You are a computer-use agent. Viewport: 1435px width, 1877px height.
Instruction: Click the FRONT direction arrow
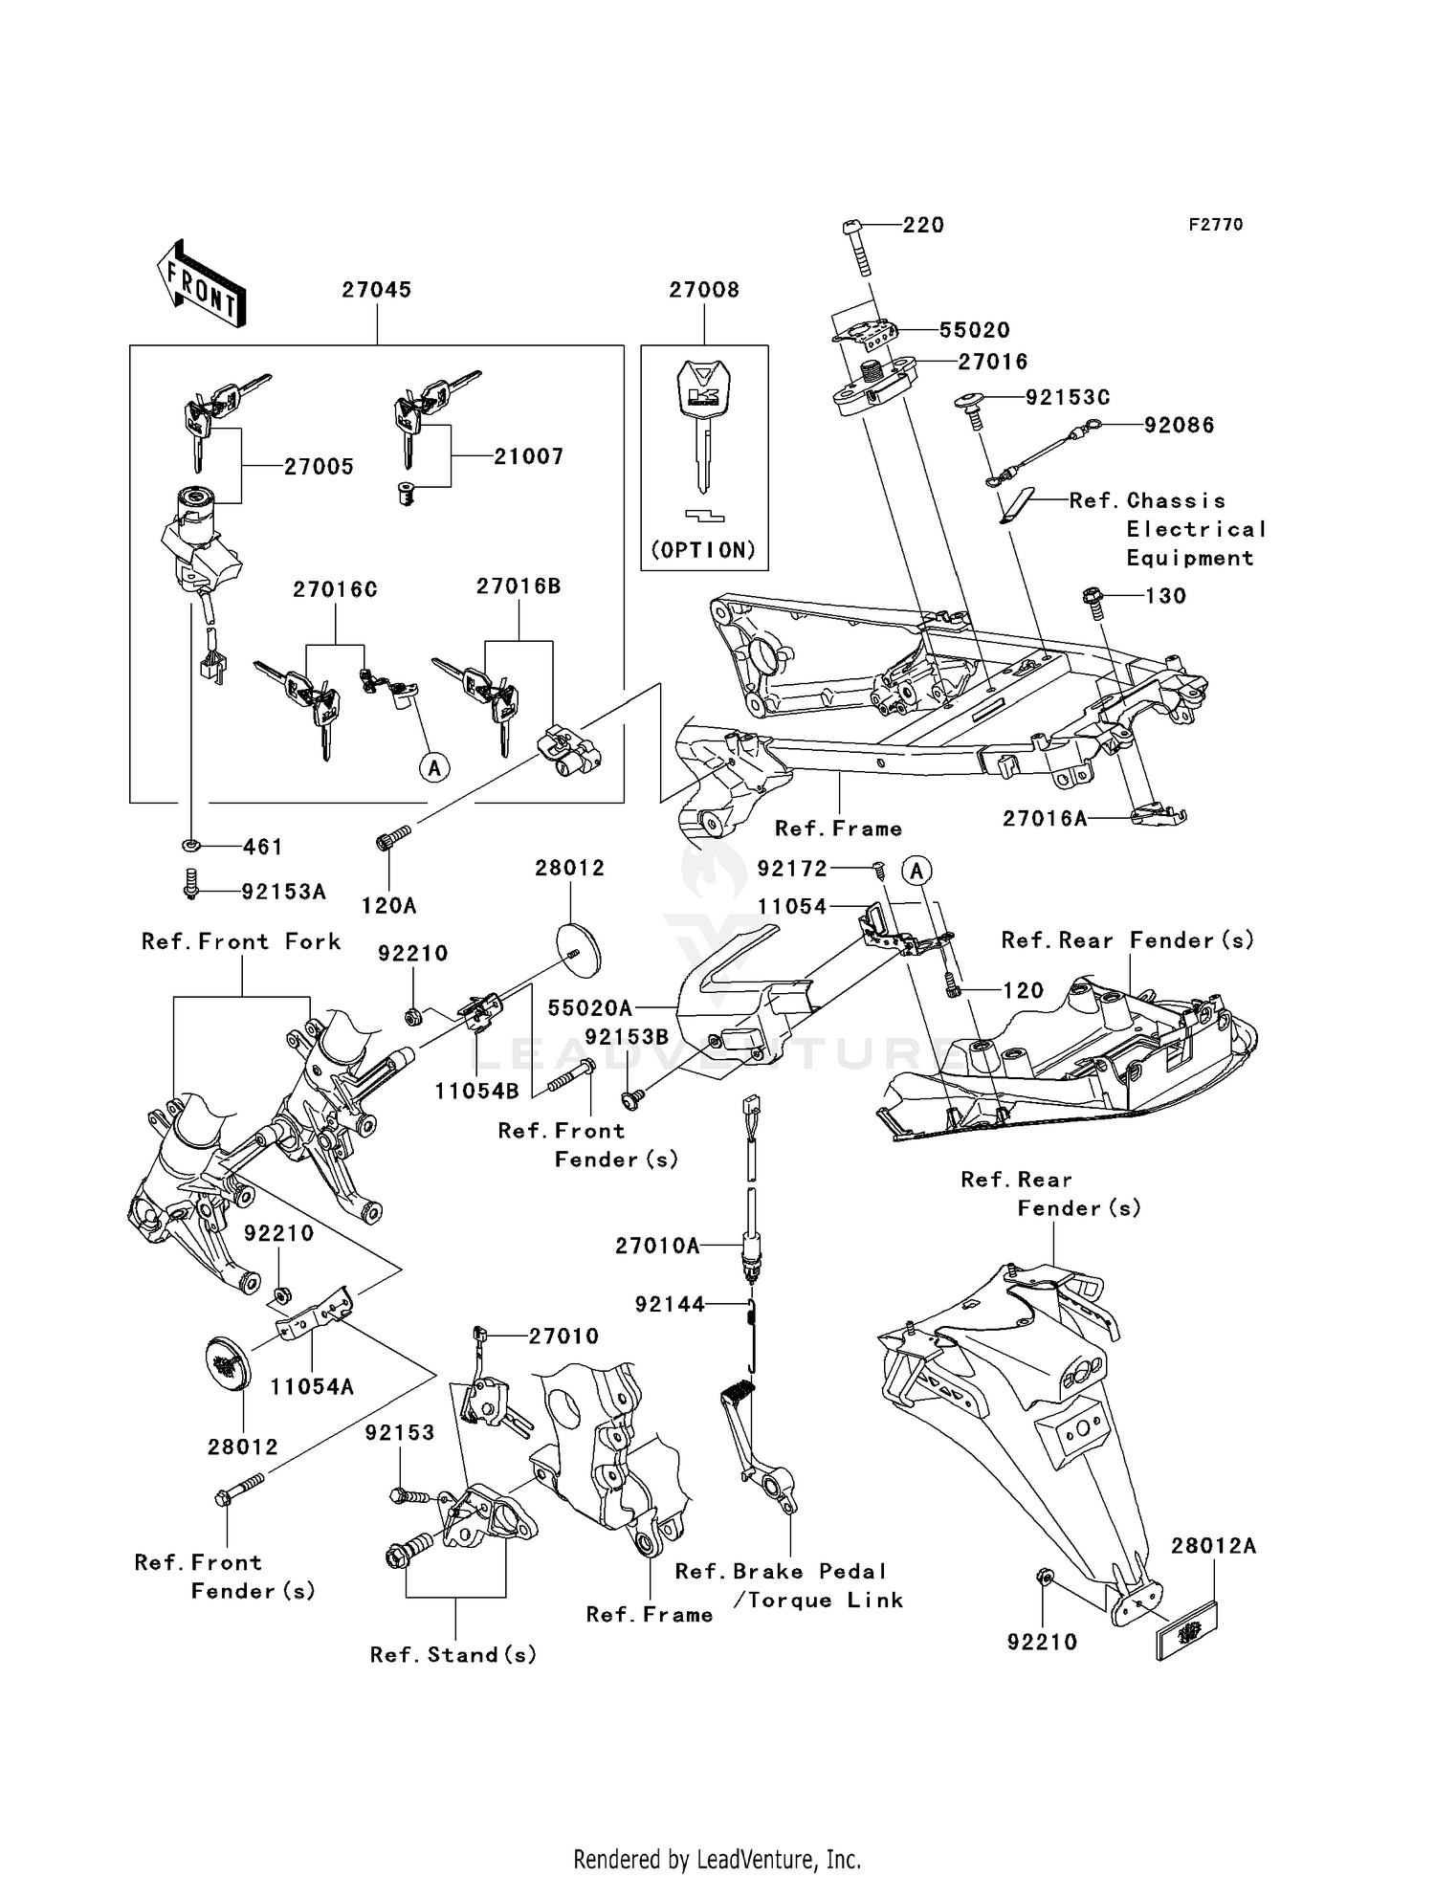pos(201,283)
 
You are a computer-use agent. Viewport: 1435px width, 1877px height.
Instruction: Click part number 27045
pos(377,290)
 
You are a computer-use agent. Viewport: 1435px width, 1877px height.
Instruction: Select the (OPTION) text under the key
pos(704,550)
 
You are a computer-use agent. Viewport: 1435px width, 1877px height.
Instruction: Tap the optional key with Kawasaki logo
pos(704,421)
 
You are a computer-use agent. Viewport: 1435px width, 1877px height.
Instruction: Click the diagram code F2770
pos(1216,225)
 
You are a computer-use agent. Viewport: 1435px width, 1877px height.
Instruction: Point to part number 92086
pos(1180,425)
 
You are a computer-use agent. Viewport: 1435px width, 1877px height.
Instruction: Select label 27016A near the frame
pos(1045,819)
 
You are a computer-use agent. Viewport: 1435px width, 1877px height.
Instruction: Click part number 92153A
pos(283,892)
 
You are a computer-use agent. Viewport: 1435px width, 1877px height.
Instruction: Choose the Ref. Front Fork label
pos(241,941)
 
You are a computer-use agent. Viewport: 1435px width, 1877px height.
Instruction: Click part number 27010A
pos(657,1246)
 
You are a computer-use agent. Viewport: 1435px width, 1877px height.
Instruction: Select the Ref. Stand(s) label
pos(453,1654)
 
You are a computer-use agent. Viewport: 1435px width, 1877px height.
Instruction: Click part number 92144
pos(670,1304)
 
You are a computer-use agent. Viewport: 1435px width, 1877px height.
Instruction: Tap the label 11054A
pos(312,1386)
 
